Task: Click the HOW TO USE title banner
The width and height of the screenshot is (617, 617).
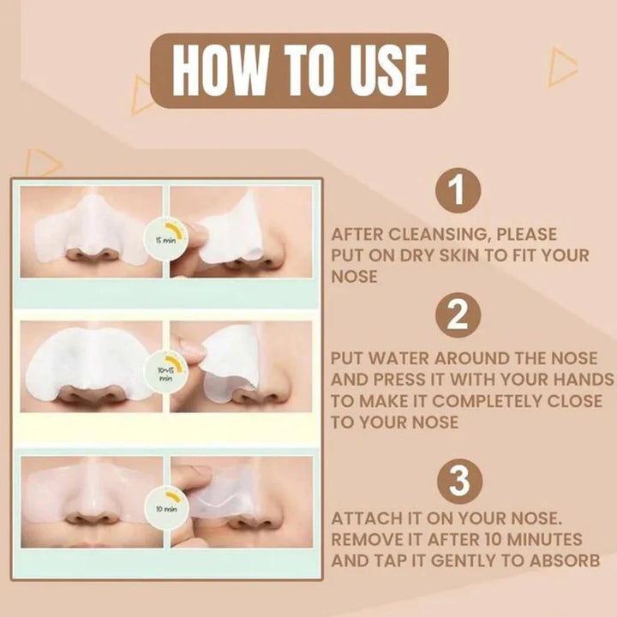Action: (299, 70)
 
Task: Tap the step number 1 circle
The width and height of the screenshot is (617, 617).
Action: (458, 191)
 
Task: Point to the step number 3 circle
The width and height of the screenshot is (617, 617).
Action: (458, 482)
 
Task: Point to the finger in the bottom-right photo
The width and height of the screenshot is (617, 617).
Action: (193, 480)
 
